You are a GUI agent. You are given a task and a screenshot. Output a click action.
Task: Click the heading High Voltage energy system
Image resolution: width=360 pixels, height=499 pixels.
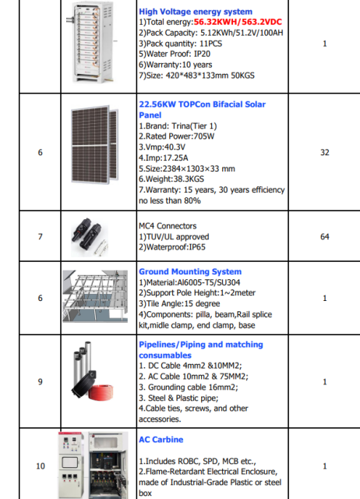coord(195,12)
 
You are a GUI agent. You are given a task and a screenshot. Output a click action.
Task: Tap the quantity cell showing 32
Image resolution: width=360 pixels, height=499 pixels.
coord(325,152)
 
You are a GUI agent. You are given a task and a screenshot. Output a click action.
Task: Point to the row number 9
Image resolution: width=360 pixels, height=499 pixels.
coord(40,381)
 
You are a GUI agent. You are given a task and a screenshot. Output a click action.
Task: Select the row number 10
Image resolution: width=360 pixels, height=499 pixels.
coord(40,466)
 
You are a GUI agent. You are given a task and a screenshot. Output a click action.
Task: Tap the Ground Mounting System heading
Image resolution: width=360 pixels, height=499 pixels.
coord(189,272)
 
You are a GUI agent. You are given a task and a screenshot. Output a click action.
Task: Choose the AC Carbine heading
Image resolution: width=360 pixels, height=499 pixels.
coord(161,440)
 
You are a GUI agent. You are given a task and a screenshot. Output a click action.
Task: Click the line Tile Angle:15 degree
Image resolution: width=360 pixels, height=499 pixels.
coord(180,303)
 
